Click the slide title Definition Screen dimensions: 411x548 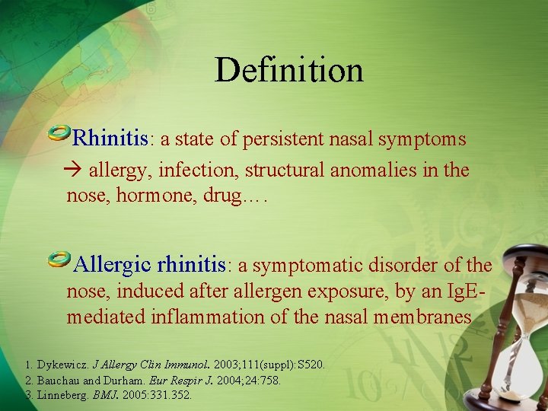tap(288, 70)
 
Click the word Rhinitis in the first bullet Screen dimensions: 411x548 tap(110, 139)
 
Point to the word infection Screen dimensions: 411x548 tap(199, 170)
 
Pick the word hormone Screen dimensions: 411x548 tap(149, 196)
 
